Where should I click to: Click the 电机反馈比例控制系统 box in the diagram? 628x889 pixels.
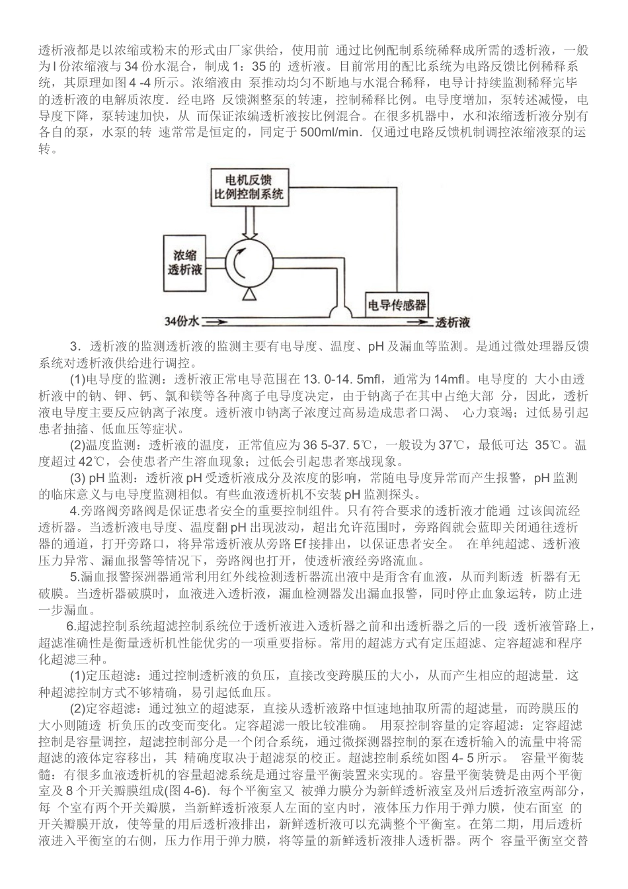(245, 187)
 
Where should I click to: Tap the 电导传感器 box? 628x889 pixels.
(397, 306)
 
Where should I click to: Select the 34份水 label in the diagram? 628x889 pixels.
(182, 323)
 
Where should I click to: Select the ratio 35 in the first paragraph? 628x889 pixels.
(258, 66)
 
